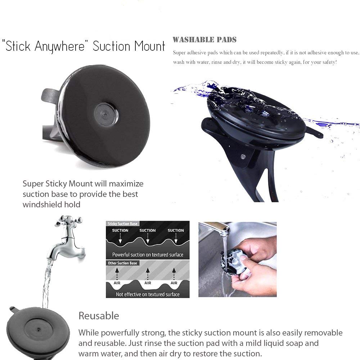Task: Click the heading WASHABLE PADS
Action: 204,40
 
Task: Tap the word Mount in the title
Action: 150,46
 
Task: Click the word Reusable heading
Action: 99,316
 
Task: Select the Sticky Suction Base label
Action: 122,224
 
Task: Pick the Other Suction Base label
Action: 122,263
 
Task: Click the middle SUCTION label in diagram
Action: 148,230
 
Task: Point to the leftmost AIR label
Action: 117,283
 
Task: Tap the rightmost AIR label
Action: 174,283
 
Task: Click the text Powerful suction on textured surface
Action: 148,255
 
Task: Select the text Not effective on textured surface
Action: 148,294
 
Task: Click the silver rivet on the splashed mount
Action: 243,157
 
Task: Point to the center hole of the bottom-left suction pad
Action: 39,330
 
